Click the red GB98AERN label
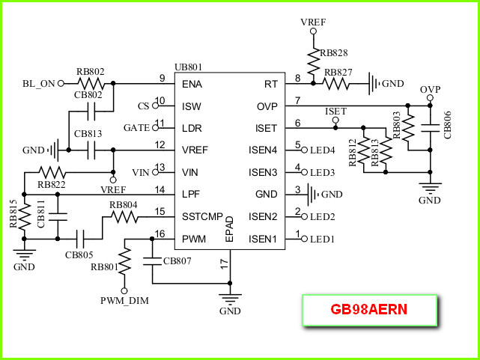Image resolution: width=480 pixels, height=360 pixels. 369,309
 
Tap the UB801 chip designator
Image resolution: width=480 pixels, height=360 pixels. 188,67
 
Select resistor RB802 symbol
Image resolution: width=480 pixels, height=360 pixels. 91,83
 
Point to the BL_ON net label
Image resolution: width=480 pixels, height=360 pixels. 39,84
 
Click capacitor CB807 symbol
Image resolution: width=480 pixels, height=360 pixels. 152,261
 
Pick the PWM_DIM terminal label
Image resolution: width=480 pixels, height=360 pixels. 124,301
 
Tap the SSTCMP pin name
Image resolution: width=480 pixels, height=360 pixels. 202,216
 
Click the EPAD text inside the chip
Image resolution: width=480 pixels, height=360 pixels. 229,229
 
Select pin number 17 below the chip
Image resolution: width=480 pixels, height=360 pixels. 225,264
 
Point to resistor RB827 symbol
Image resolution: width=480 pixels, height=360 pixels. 335,84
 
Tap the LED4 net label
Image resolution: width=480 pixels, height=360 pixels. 323,150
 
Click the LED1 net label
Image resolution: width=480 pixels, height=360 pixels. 322,239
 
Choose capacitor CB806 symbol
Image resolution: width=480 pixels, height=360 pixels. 430,128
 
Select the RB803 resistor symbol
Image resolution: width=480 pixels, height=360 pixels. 408,128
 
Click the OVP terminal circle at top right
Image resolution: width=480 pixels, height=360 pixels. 430,98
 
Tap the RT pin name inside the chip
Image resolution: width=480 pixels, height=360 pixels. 271,84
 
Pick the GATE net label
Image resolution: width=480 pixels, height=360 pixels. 136,128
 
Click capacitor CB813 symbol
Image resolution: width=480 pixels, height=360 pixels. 91,150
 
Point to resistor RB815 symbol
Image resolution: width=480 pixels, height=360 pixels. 24,217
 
